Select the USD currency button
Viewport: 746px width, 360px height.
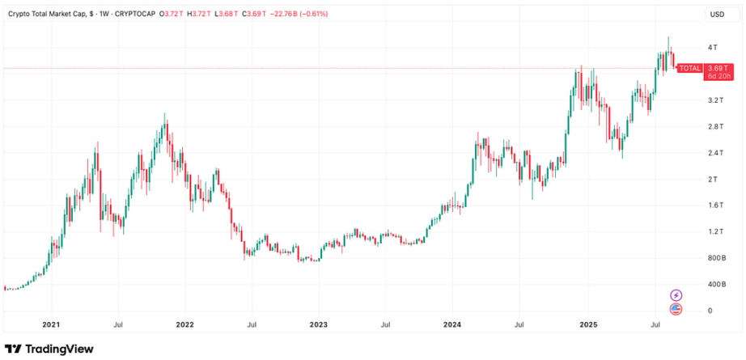click(x=716, y=15)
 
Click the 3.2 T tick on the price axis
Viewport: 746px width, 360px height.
click(x=714, y=100)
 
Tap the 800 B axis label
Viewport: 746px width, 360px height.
click(x=715, y=258)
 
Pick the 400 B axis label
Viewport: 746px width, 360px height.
click(x=715, y=285)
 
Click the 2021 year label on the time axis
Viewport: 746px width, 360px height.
click(x=51, y=324)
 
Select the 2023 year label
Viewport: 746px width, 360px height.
click(x=318, y=324)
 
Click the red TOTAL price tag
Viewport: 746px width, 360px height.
click(x=689, y=69)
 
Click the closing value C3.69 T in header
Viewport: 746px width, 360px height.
click(x=261, y=15)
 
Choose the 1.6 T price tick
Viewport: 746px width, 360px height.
click(x=714, y=205)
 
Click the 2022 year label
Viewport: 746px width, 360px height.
click(x=185, y=324)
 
